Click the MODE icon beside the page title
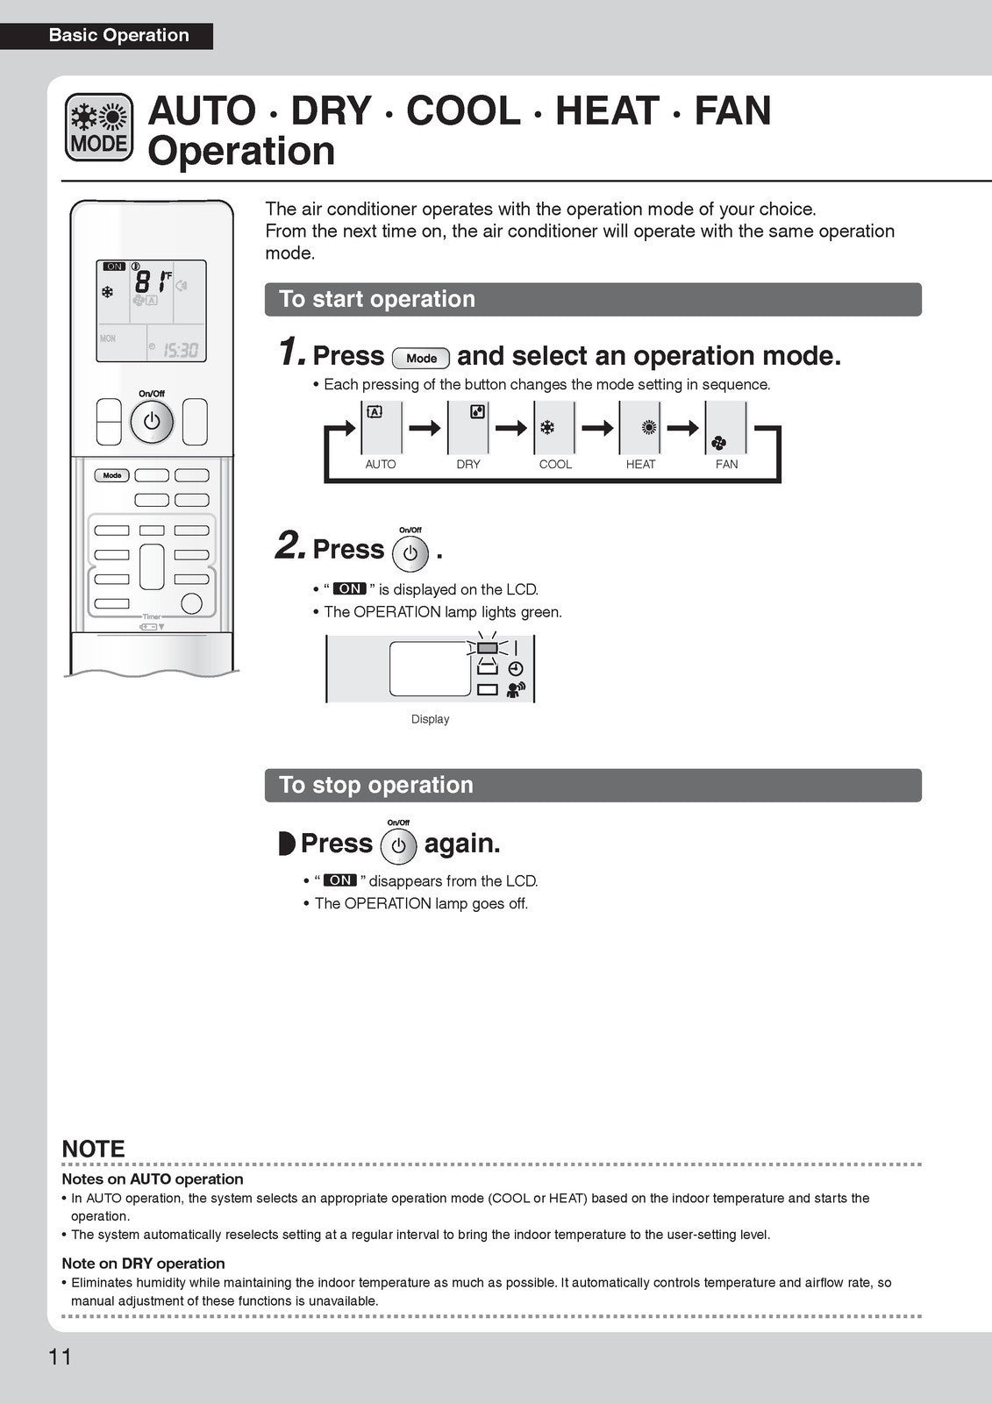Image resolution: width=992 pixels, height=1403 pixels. [99, 128]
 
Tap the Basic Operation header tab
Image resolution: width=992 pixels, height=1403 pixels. [119, 36]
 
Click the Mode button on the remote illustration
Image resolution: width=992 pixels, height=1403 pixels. [112, 475]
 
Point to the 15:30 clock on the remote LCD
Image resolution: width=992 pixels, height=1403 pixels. [181, 351]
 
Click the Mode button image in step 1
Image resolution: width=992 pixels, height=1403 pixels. [421, 358]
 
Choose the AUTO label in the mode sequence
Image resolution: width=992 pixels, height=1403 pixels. [380, 464]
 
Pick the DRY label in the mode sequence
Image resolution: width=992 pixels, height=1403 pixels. [468, 464]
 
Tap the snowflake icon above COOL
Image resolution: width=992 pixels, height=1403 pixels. [547, 428]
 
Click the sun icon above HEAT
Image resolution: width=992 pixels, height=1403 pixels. [649, 428]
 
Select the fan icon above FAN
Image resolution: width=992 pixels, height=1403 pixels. [719, 443]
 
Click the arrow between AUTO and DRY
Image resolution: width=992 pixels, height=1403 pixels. [425, 428]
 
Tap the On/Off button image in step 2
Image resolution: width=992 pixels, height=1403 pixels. [410, 554]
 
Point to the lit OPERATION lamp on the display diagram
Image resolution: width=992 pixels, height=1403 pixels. [488, 648]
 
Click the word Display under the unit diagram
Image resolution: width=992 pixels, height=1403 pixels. [430, 719]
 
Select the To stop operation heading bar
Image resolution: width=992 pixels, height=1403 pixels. [593, 785]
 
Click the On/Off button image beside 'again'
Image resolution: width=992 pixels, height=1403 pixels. [398, 846]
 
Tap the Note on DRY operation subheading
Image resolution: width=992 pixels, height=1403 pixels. [143, 1264]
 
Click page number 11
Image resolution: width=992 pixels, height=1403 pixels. [60, 1357]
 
